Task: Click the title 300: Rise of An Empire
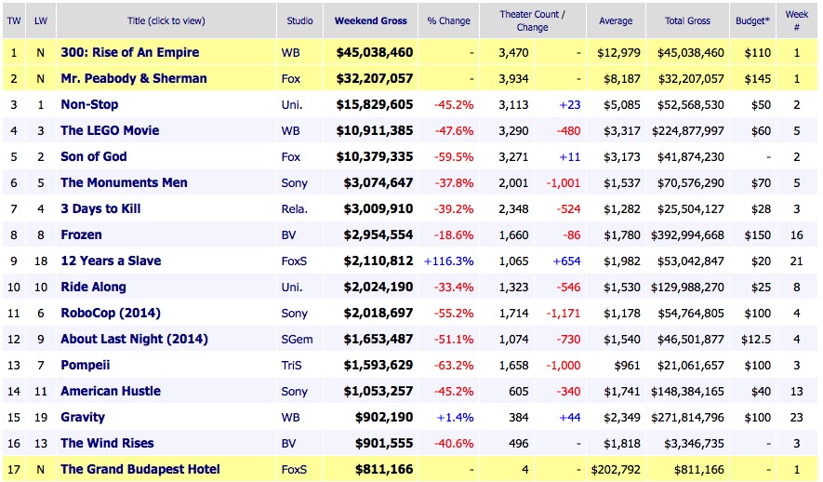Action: pyautogui.click(x=129, y=52)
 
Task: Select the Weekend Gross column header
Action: pyautogui.click(x=370, y=20)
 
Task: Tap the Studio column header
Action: pyautogui.click(x=299, y=20)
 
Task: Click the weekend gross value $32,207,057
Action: pyautogui.click(x=370, y=78)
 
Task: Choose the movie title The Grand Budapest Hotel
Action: pyautogui.click(x=140, y=469)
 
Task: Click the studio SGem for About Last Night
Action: pyautogui.click(x=297, y=339)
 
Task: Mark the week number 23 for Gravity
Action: pyautogui.click(x=798, y=417)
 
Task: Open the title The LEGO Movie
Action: pyautogui.click(x=110, y=130)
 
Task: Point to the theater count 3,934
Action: pyautogui.click(x=512, y=78)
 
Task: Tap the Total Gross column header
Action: pyautogui.click(x=687, y=20)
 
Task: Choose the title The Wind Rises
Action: pyautogui.click(x=107, y=443)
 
